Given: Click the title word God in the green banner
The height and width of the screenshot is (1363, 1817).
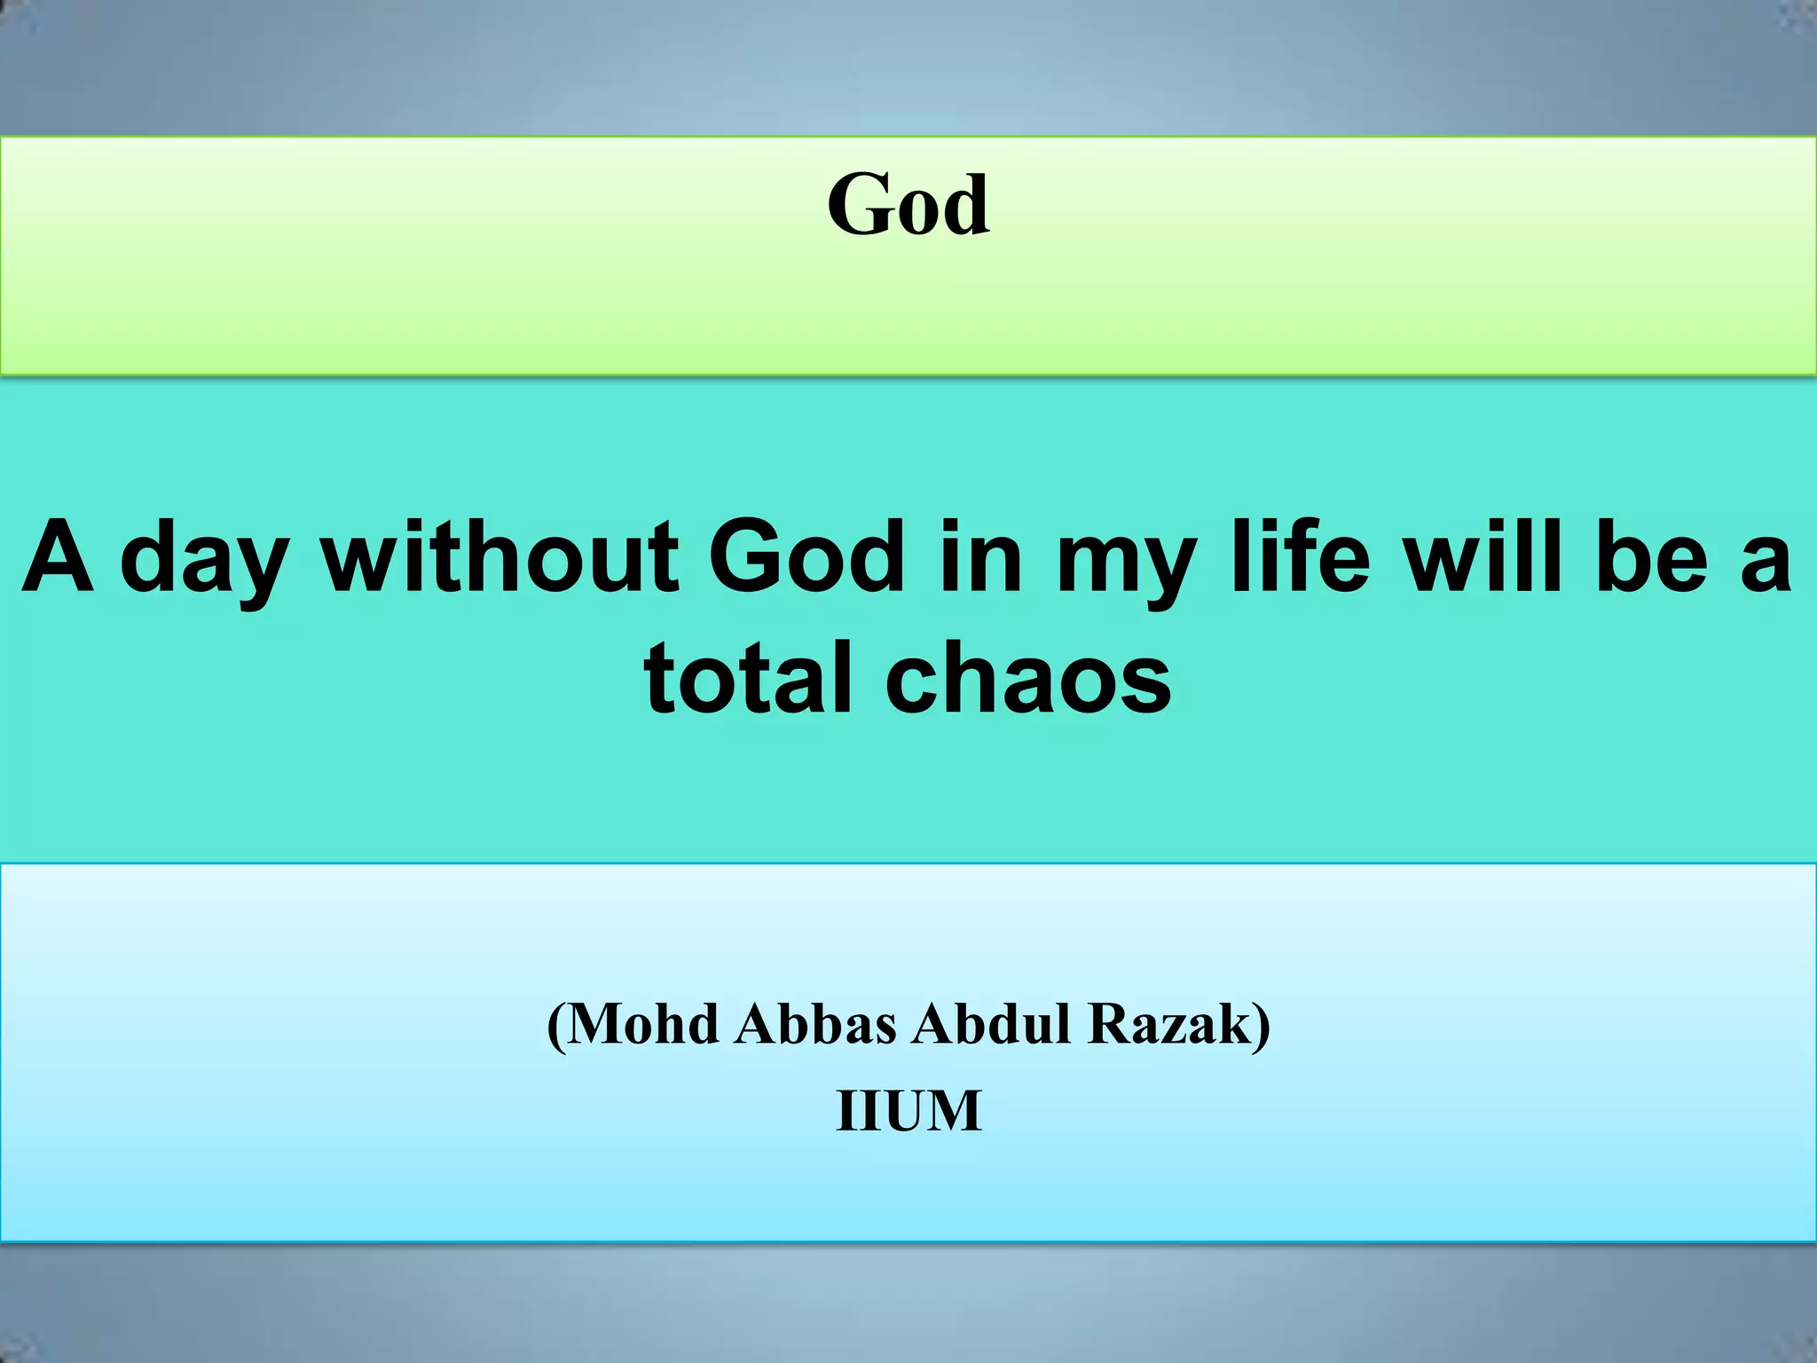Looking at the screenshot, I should [908, 206].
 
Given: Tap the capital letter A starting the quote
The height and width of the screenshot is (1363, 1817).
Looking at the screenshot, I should [59, 559].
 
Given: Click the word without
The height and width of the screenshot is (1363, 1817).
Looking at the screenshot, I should [499, 559].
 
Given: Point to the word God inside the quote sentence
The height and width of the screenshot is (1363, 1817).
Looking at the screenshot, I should [806, 559].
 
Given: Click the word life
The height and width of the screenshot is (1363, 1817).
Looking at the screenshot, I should [1302, 559].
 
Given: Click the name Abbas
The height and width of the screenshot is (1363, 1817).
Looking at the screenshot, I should [815, 1024].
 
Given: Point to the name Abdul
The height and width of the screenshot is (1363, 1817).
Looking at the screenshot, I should [991, 1024].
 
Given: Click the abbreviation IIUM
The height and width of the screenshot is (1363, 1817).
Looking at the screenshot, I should [908, 1110].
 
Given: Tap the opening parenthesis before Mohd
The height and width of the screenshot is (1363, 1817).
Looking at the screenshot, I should [556, 1026].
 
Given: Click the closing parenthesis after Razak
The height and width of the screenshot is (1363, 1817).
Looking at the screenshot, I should [1262, 1026].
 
